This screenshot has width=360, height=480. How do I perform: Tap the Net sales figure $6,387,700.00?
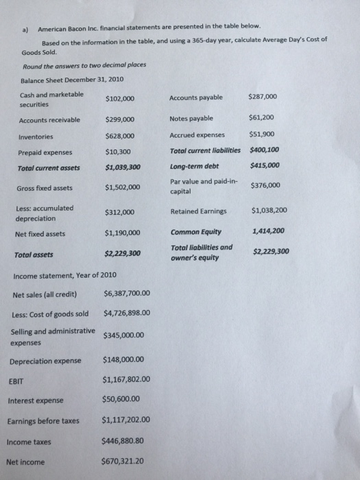(x=126, y=296)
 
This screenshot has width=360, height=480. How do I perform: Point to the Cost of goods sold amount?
(x=126, y=315)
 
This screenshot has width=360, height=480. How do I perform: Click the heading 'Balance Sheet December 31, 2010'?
(x=72, y=80)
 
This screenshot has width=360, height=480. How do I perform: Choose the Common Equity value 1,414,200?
(x=269, y=231)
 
